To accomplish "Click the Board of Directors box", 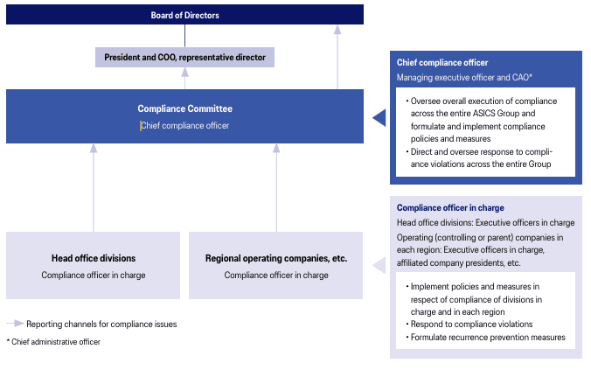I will pyautogui.click(x=184, y=15).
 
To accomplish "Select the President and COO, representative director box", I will pyautogui.click(x=184, y=57).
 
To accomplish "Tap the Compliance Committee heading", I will pyautogui.click(x=184, y=109).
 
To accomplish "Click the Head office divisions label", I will pyautogui.click(x=93, y=258).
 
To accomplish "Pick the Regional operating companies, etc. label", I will pyautogui.click(x=276, y=258).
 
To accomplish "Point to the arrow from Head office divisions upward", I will pyautogui.click(x=93, y=188).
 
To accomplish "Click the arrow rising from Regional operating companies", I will pyautogui.click(x=276, y=188).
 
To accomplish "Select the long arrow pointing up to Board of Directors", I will pyautogui.click(x=337, y=57).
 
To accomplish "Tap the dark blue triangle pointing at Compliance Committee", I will pyautogui.click(x=379, y=116).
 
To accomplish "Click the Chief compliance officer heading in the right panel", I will pyautogui.click(x=442, y=63).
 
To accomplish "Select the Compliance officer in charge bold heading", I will pyautogui.click(x=449, y=208).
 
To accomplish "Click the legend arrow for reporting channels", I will pyautogui.click(x=15, y=324).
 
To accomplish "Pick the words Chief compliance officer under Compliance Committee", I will pyautogui.click(x=184, y=126).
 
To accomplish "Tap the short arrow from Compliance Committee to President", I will pyautogui.click(x=184, y=78).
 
